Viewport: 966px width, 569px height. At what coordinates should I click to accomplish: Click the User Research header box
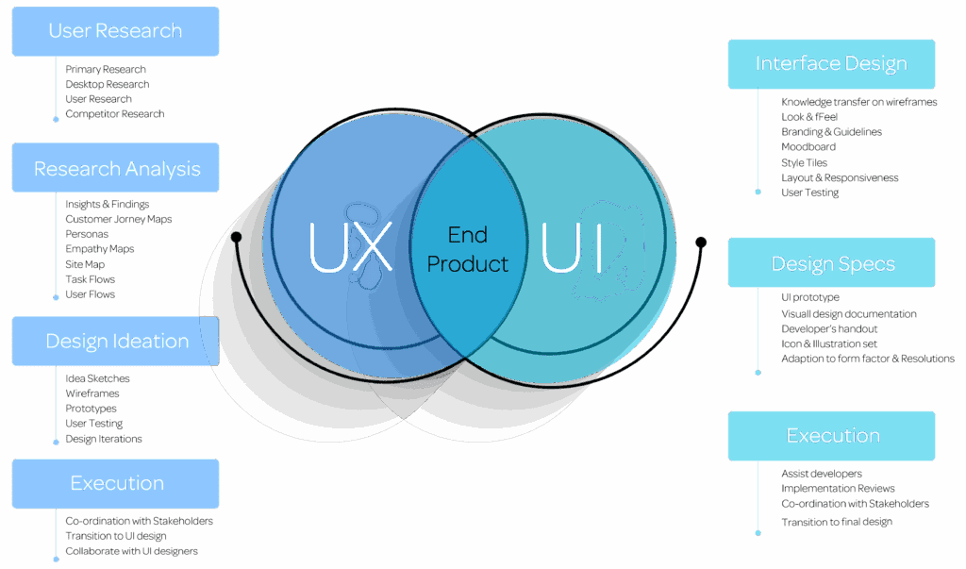(x=115, y=31)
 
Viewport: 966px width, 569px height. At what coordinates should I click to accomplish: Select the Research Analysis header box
(x=116, y=169)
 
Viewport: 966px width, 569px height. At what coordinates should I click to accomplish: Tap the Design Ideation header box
(x=116, y=342)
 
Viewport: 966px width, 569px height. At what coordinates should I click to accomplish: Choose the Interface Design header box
(x=831, y=64)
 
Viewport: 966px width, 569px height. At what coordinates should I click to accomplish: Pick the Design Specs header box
(x=831, y=263)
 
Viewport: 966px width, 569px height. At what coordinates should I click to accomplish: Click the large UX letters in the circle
(x=350, y=247)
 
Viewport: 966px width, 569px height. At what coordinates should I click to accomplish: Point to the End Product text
(x=468, y=249)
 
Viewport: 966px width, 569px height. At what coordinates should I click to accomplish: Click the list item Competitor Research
(x=114, y=114)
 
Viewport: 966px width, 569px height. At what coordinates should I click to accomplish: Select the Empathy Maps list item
(x=99, y=249)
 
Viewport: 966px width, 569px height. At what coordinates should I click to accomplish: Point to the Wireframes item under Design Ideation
(x=92, y=393)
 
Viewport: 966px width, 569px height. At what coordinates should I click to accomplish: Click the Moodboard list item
(x=808, y=147)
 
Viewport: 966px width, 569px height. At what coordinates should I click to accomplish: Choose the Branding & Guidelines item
(x=831, y=132)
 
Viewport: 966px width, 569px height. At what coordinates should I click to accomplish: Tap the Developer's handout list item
(x=829, y=328)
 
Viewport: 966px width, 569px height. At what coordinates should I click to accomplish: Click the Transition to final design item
(x=836, y=522)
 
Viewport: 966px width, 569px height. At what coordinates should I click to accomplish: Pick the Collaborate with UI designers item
(x=131, y=551)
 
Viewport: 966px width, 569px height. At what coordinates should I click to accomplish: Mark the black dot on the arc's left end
(x=236, y=236)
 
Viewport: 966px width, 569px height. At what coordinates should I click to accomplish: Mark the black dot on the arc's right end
(x=701, y=242)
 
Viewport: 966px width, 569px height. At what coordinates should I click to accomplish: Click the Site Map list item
(x=85, y=264)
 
